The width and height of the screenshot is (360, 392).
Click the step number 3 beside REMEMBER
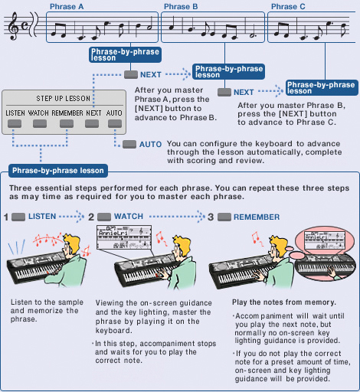coord(211,217)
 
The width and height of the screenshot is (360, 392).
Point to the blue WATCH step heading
coord(128,217)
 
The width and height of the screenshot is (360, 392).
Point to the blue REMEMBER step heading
coord(256,217)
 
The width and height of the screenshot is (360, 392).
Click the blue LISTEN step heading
coord(41,217)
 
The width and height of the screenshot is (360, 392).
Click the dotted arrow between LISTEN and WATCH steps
coord(72,217)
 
